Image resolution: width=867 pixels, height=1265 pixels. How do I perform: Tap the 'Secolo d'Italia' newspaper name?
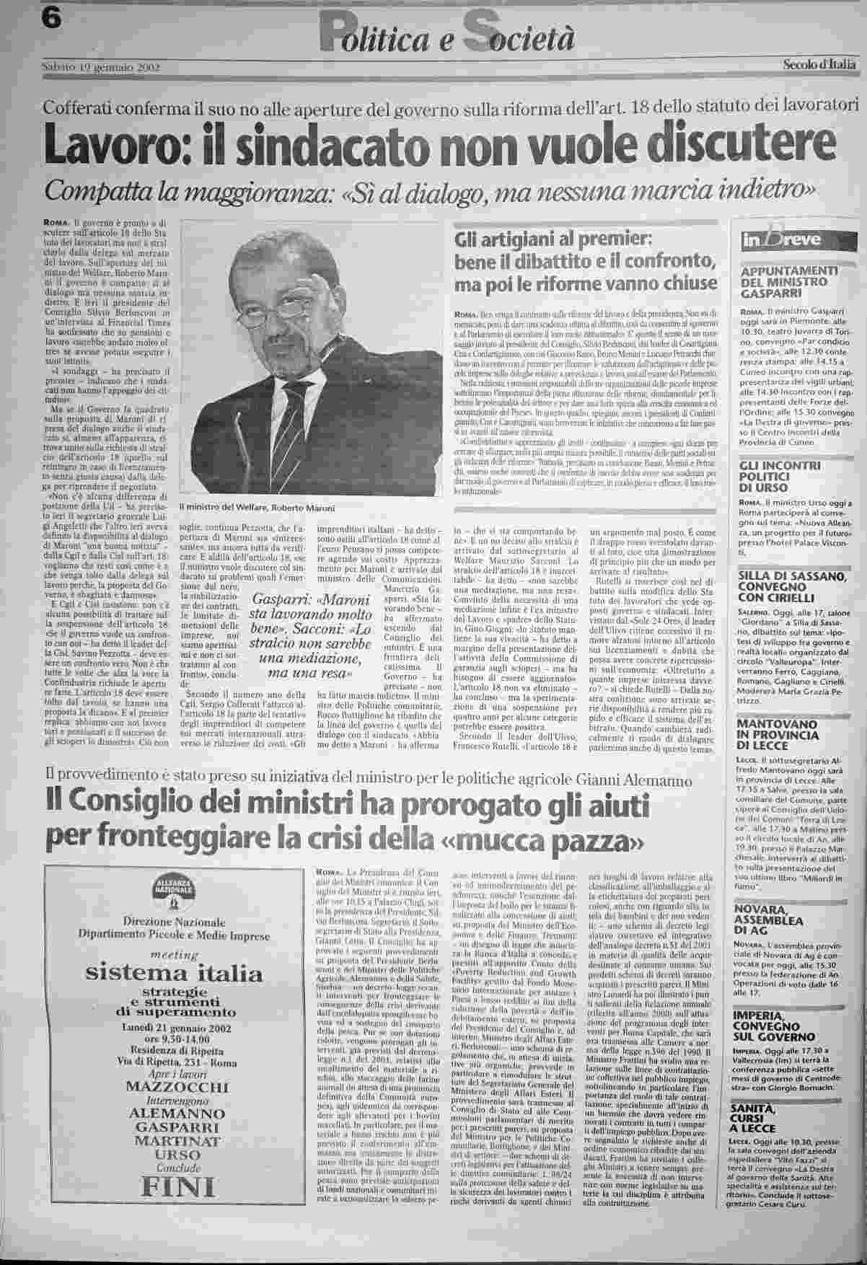pos(820,65)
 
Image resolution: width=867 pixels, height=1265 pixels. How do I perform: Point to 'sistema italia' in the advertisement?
pos(173,974)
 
